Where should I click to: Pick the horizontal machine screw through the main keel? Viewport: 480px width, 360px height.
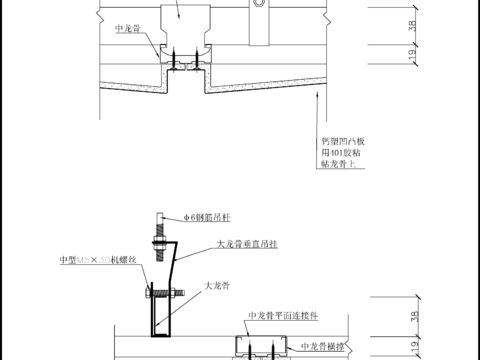coord(164,292)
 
